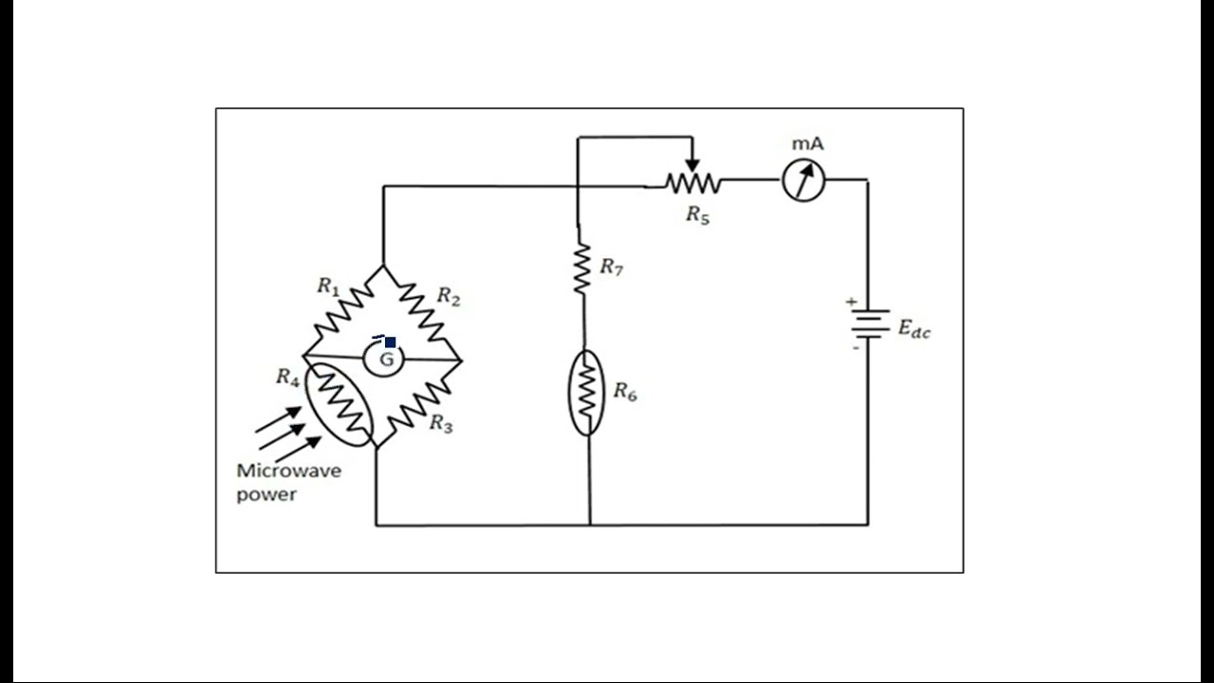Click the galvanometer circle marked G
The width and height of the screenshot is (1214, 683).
pos(384,359)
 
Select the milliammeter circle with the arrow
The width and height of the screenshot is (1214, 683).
pos(803,180)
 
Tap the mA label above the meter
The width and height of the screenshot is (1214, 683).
pos(807,143)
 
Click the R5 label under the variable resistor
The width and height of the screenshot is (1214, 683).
pos(697,214)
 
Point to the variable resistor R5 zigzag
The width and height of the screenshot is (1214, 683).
pos(693,183)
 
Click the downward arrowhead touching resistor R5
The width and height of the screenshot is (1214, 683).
pos(692,165)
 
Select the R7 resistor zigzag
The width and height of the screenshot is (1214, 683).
pos(582,268)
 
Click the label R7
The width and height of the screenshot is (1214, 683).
pos(612,267)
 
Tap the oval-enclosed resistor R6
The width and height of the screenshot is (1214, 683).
pos(586,393)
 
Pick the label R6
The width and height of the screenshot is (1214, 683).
pos(625,391)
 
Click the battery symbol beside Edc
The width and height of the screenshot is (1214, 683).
pos(870,323)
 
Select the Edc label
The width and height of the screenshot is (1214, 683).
pos(914,328)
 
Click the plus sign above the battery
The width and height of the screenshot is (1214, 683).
pos(852,302)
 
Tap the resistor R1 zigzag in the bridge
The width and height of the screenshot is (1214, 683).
pos(343,309)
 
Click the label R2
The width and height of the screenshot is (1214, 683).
pos(449,297)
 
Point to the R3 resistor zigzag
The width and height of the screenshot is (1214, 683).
pos(419,406)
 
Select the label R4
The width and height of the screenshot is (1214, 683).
pos(287,377)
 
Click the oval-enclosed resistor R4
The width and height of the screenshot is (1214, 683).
pos(340,404)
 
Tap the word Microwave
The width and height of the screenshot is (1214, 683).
pos(289,471)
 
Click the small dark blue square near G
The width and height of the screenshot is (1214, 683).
pos(390,342)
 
